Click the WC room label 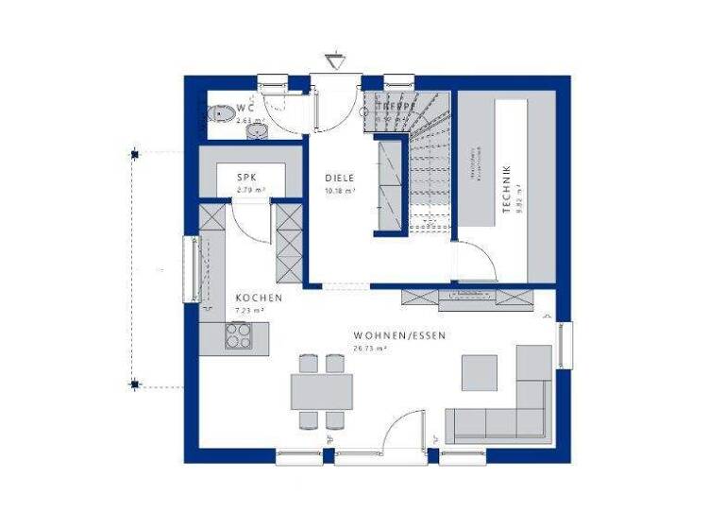[x=245, y=108]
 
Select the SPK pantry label [x=247, y=178]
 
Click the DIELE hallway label [x=340, y=178]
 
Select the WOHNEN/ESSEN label [x=399, y=335]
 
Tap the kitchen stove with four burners [x=238, y=335]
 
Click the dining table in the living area [x=321, y=391]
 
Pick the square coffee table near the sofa [x=480, y=372]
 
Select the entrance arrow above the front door [x=336, y=60]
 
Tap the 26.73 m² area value [x=371, y=348]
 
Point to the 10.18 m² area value [x=340, y=191]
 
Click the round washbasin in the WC [x=258, y=131]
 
